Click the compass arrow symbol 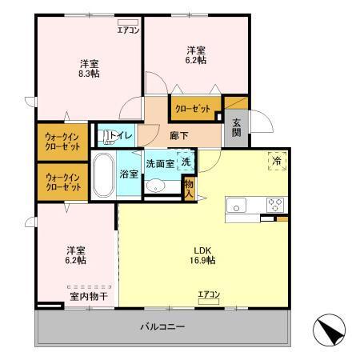pyautogui.click(x=330, y=330)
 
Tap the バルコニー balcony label pyautogui.click(x=162, y=328)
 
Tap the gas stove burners pyautogui.click(x=275, y=202)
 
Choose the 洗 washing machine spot pyautogui.click(x=186, y=162)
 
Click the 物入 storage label pyautogui.click(x=189, y=188)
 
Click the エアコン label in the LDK pyautogui.click(x=209, y=295)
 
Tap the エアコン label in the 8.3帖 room pyautogui.click(x=128, y=30)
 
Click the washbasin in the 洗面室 pyautogui.click(x=157, y=186)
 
